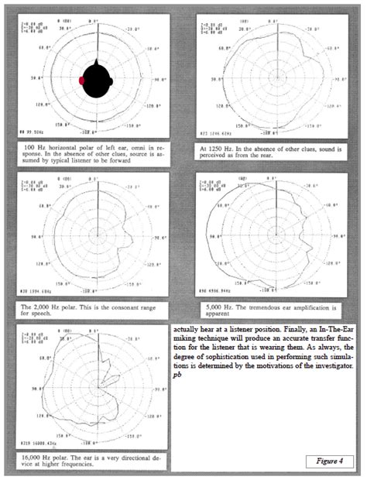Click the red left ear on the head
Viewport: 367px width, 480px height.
tap(82, 81)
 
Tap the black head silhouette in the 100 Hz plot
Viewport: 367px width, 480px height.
tap(97, 81)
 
